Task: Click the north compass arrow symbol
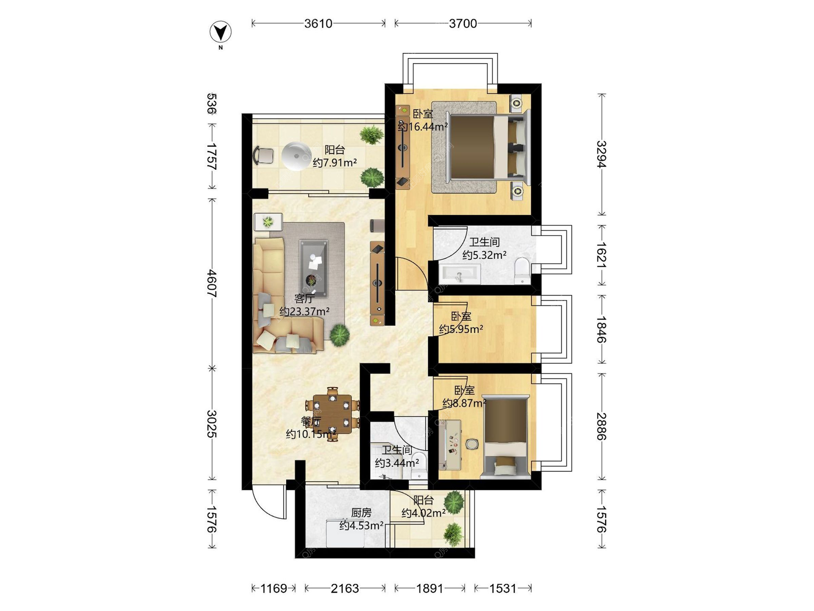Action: click(x=220, y=32)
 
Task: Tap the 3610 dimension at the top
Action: click(x=318, y=24)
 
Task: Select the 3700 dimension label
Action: click(x=463, y=24)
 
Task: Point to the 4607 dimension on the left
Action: click(x=212, y=283)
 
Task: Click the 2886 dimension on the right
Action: click(x=602, y=427)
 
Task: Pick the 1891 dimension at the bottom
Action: click(x=429, y=589)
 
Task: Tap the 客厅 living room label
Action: click(x=304, y=299)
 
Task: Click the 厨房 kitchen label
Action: click(x=361, y=513)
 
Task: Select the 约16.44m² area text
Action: click(x=423, y=126)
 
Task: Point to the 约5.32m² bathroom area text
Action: click(x=484, y=255)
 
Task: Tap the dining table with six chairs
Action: click(x=333, y=414)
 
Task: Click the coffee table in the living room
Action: click(x=313, y=268)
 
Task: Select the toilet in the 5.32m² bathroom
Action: click(x=522, y=271)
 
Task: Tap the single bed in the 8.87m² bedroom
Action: click(x=506, y=437)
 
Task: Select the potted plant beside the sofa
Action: click(x=340, y=335)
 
